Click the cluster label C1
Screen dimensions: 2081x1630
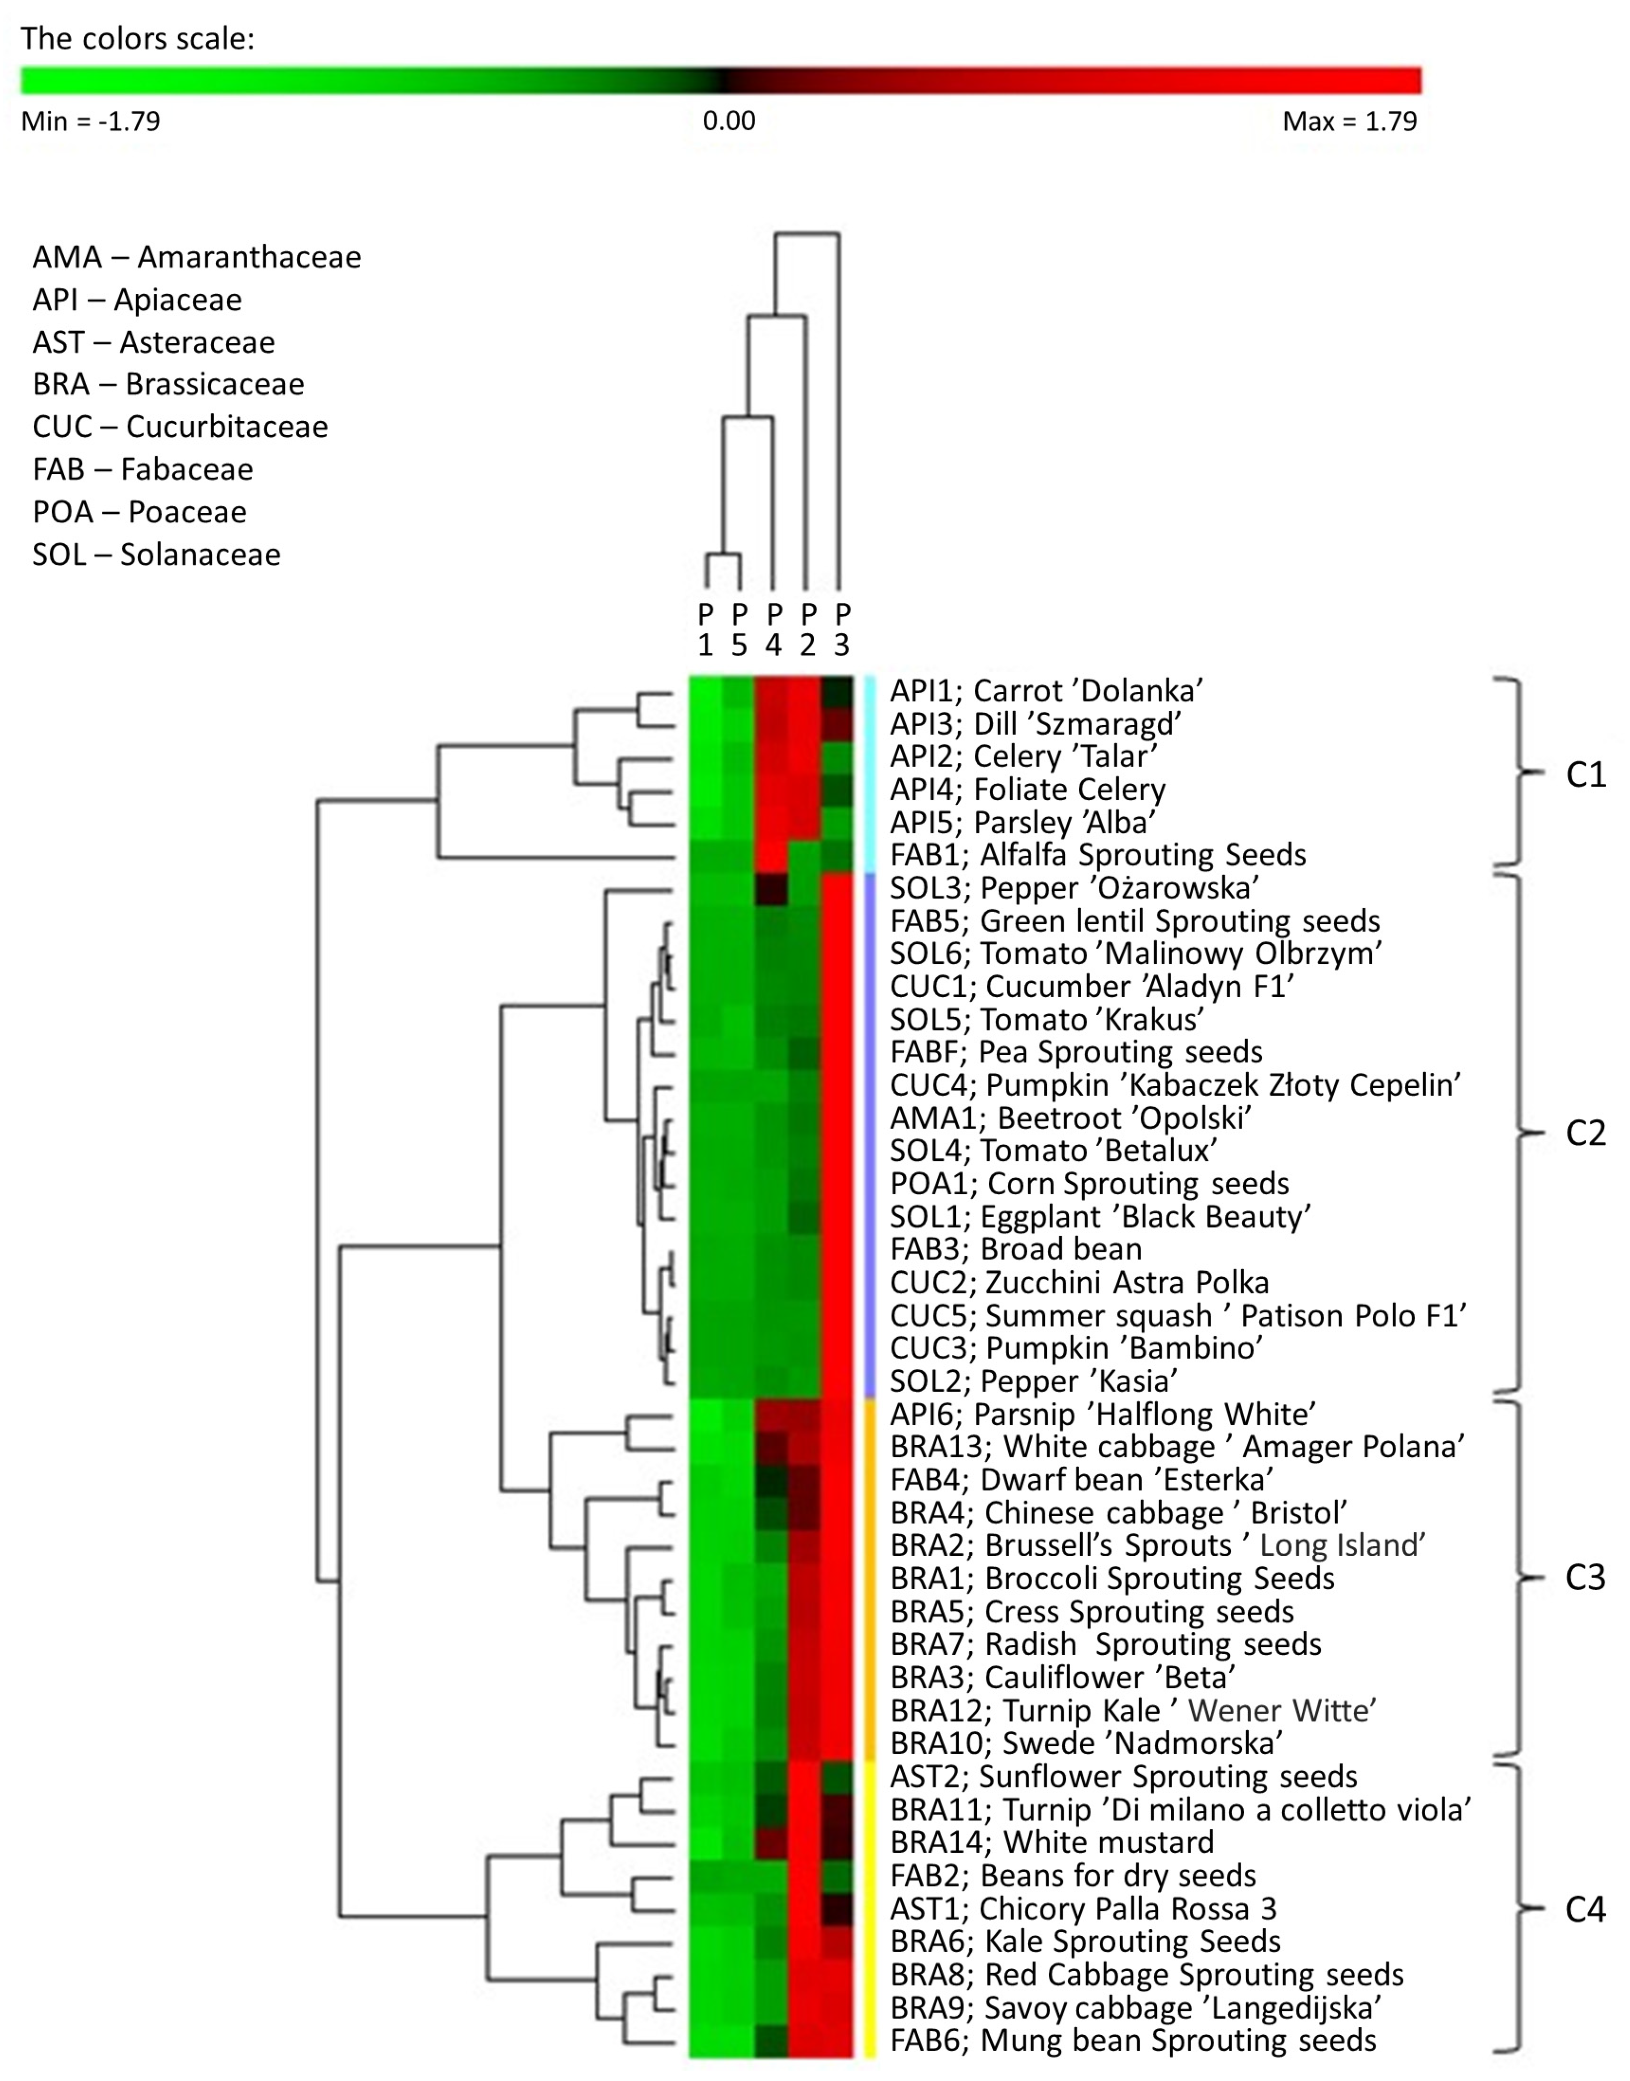coord(1585,774)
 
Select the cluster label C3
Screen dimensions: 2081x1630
coord(1585,1577)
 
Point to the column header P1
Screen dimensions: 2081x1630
coord(705,629)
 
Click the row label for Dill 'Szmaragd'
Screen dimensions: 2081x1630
coord(1035,724)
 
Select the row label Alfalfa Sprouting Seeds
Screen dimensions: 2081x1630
coord(1098,854)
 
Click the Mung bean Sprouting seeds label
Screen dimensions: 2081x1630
coord(1133,2040)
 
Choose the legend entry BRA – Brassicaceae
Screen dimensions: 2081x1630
coord(168,384)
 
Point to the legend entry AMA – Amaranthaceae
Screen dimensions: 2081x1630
coord(196,257)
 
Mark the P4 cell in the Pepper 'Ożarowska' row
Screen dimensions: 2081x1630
coord(772,888)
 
